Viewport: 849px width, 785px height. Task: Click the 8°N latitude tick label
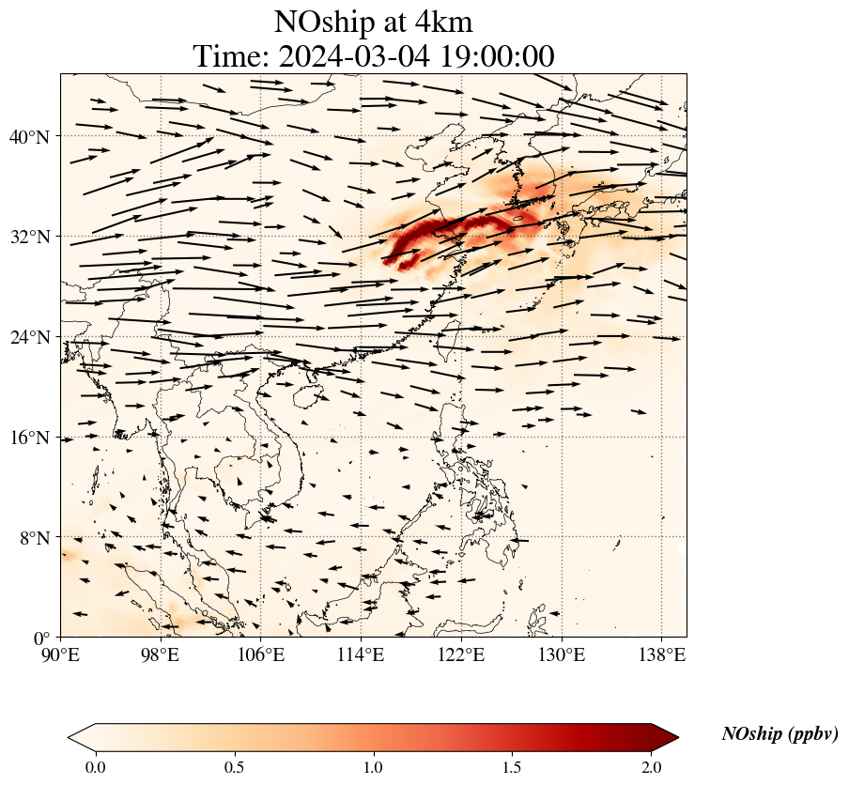(33, 538)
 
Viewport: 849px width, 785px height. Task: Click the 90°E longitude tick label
(61, 654)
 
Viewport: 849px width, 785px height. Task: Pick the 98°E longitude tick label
(161, 654)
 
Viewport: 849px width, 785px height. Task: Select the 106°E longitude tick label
(261, 654)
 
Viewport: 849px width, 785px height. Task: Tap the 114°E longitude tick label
(361, 654)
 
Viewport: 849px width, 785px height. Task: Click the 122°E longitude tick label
(461, 654)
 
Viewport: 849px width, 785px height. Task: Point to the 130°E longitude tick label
(561, 654)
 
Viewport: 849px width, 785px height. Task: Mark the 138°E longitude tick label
(661, 654)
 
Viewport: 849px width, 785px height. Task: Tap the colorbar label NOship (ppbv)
(780, 734)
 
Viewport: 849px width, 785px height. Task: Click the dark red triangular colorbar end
(665, 737)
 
